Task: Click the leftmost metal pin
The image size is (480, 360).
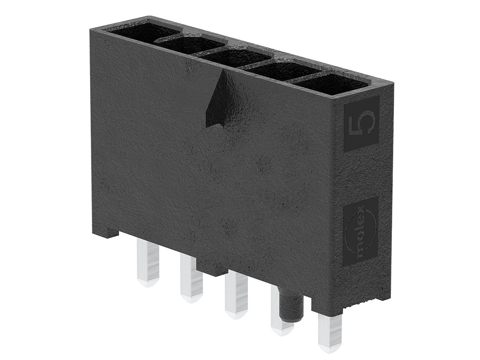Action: (148, 263)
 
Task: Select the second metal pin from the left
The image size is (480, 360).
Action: (191, 278)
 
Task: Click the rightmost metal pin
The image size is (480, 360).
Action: (329, 329)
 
